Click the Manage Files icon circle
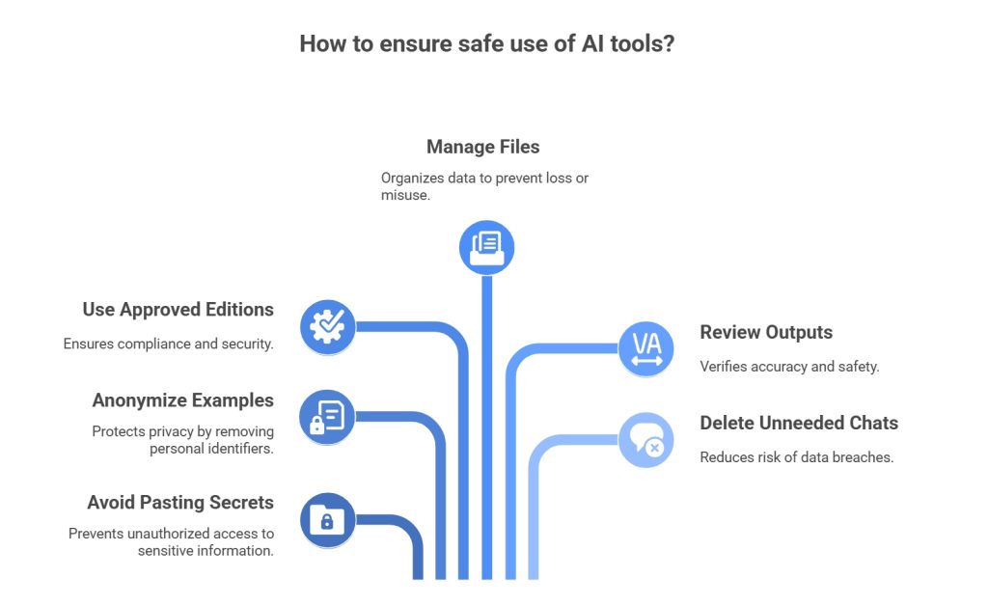tap(486, 247)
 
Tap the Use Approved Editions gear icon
tap(328, 326)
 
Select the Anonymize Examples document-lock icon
tap(327, 417)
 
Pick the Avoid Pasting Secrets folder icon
tap(327, 521)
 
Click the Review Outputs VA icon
tap(645, 348)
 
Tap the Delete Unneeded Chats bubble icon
tap(645, 440)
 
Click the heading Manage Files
tap(482, 148)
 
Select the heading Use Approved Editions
tap(178, 310)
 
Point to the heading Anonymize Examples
tap(182, 399)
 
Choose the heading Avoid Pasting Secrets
tap(180, 502)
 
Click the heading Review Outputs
tap(765, 332)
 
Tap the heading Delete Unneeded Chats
tap(798, 423)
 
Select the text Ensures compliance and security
tap(168, 344)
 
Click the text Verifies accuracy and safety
tap(788, 366)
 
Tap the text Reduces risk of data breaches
tap(796, 456)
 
